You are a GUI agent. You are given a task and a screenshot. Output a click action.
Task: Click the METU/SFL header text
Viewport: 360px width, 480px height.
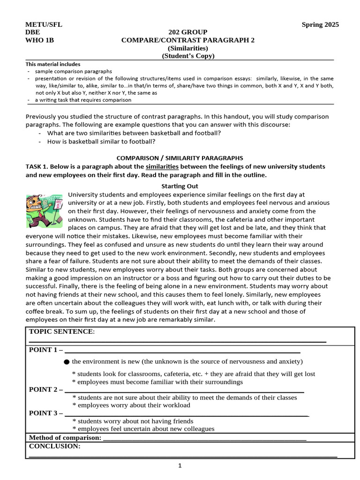[x=44, y=25]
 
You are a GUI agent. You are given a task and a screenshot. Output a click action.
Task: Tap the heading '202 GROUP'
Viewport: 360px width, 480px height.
[x=187, y=32]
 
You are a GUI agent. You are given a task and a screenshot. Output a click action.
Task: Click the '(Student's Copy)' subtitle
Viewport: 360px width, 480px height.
[x=187, y=56]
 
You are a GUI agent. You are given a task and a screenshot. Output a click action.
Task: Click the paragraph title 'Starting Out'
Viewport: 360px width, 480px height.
[x=180, y=186]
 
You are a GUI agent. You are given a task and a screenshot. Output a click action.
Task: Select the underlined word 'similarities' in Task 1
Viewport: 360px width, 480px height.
[x=162, y=167]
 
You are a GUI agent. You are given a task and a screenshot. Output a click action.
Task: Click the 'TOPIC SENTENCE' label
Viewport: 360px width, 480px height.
[x=61, y=332]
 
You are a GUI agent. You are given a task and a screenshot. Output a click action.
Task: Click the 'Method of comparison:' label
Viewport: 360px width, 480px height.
[x=65, y=437]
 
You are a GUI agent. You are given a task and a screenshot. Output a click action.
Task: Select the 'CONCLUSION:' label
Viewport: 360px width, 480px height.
[x=54, y=446]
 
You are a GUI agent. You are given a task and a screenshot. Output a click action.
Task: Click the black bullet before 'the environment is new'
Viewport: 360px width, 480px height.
[x=67, y=362]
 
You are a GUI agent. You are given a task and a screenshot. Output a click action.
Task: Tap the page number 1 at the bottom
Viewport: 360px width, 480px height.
[x=180, y=465]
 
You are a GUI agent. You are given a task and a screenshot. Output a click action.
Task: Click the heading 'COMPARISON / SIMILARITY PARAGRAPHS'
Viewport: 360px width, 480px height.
[x=180, y=158]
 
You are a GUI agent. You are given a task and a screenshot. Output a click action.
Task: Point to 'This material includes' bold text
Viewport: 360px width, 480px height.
[x=53, y=64]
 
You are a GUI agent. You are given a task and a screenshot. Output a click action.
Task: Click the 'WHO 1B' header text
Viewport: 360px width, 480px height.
[x=40, y=40]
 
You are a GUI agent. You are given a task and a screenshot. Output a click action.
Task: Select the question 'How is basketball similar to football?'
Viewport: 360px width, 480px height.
[x=101, y=142]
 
